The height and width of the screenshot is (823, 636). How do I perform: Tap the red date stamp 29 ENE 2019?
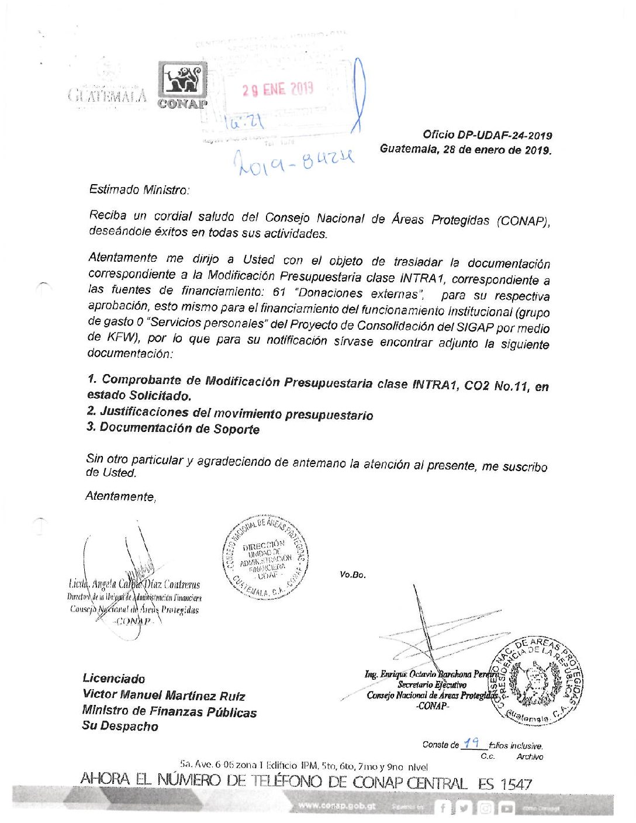point(278,89)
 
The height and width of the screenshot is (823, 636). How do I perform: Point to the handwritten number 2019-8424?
point(294,160)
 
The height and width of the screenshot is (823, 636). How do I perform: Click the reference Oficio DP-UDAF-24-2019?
point(488,136)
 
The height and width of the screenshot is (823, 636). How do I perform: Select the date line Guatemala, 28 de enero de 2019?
point(465,149)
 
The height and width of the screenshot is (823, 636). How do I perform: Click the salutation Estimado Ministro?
point(139,189)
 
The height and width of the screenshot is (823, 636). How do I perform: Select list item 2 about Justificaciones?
point(230,413)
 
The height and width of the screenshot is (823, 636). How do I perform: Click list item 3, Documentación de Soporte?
point(173,428)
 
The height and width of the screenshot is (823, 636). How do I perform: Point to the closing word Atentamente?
point(120,496)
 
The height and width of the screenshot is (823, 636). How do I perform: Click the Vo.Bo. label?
point(352,575)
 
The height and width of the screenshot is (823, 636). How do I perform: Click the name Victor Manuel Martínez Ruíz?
point(164,696)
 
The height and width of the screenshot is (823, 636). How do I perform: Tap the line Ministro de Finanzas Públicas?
point(169,711)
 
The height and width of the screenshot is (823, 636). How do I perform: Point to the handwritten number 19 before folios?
point(471,744)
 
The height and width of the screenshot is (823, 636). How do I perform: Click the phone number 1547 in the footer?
point(515,783)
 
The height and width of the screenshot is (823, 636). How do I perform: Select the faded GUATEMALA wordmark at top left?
point(108,95)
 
